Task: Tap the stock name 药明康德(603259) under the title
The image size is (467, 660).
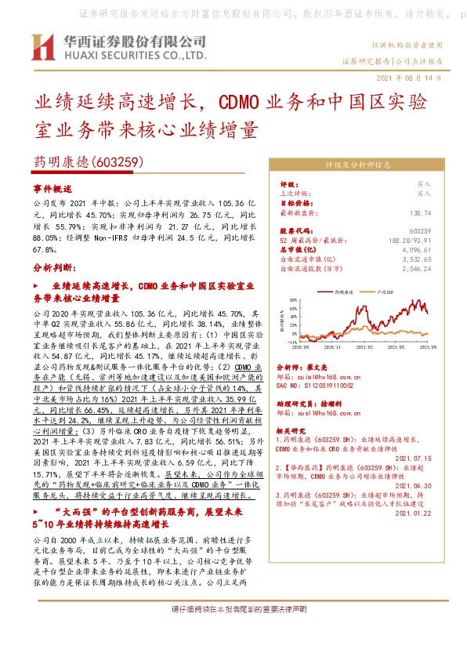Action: [x=86, y=162]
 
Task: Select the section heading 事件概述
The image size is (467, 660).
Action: [x=52, y=189]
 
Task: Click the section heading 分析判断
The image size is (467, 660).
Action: [x=53, y=267]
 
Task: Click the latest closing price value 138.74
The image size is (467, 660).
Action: [x=420, y=212]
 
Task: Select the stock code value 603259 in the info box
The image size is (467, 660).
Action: [x=420, y=230]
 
